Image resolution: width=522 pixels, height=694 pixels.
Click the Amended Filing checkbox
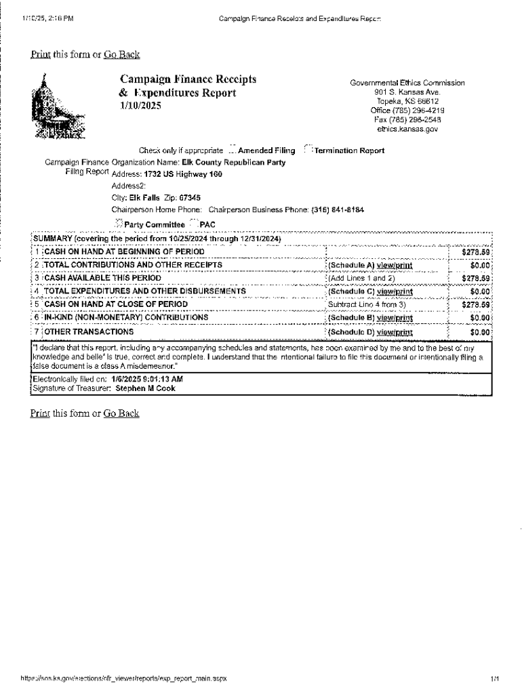[233, 150]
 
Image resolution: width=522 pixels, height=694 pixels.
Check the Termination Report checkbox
[308, 150]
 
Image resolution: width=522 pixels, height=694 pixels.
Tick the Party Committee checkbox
[119, 224]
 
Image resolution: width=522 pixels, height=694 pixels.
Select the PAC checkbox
[194, 224]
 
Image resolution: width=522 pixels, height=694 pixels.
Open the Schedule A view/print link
[395, 265]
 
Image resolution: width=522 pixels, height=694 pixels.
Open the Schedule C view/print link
[395, 291]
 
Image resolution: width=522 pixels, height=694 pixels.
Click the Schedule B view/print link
[395, 317]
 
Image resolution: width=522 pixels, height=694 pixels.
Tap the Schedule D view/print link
[395, 333]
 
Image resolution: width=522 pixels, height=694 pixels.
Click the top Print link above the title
[40, 54]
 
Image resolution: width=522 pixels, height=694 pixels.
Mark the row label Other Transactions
[89, 333]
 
